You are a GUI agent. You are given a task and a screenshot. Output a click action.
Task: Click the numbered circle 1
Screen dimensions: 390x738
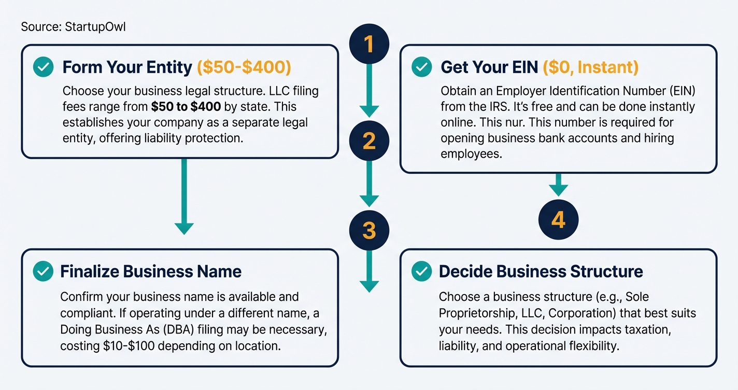tap(369, 44)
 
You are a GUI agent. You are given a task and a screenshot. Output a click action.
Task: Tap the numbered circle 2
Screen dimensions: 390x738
tap(369, 141)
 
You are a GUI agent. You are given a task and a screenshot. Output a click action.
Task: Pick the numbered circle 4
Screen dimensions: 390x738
tap(558, 219)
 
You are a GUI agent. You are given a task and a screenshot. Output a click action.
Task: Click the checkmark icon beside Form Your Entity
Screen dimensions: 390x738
tap(43, 67)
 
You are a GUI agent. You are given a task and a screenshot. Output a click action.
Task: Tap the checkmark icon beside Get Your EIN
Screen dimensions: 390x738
tap(421, 67)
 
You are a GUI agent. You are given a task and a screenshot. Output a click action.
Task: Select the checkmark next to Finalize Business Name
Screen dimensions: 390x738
tap(43, 271)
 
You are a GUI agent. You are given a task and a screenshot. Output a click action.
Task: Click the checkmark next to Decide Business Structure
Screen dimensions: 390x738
tap(421, 271)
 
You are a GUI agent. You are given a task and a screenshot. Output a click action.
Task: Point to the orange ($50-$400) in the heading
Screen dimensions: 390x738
tap(244, 67)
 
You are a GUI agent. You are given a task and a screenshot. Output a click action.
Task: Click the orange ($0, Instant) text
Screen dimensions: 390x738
tap(590, 67)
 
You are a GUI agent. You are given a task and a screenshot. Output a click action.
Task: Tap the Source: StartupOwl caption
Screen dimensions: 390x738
tap(73, 26)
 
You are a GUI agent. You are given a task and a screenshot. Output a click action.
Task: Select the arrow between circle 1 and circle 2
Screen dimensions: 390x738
tap(369, 91)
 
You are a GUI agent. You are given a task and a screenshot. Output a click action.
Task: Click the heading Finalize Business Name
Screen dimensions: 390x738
tap(151, 271)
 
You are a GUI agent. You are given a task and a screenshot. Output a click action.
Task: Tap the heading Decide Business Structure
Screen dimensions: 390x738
tap(541, 271)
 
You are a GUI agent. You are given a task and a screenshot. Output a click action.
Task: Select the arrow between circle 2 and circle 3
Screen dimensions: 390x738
tap(369, 184)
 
